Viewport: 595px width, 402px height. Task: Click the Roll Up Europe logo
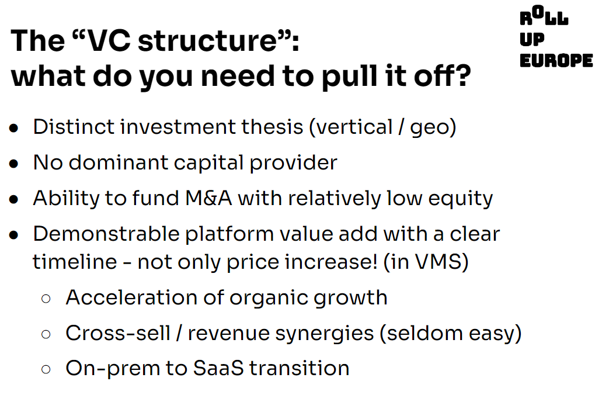tap(556, 37)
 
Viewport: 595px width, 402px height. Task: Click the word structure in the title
tap(207, 41)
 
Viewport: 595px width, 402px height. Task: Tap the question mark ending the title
tap(462, 75)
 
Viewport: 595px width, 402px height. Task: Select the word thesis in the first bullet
tap(272, 126)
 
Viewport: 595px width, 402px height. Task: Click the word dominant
tap(118, 162)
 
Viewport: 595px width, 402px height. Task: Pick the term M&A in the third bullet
tap(208, 199)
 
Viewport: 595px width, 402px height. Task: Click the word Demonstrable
tap(106, 234)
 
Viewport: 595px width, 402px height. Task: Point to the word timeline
tap(75, 262)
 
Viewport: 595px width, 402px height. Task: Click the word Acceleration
tap(131, 297)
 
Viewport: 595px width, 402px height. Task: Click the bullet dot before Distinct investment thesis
tap(14, 128)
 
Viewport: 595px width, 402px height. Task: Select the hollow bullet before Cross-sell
tap(46, 334)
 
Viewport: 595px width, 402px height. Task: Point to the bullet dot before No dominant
tap(14, 164)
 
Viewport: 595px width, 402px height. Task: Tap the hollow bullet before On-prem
tap(46, 369)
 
